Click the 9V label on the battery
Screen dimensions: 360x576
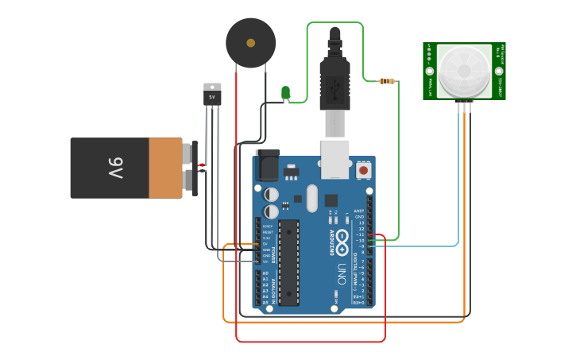point(116,168)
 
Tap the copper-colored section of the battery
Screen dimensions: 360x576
point(166,168)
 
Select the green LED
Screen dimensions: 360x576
point(286,94)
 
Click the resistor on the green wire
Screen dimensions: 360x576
point(387,81)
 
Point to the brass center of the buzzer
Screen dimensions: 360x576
point(251,43)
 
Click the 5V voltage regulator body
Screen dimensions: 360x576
point(212,99)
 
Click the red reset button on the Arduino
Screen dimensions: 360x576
point(364,169)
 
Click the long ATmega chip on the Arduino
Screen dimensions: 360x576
point(288,262)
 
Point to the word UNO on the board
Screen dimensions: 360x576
point(342,273)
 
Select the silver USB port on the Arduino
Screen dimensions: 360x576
point(334,159)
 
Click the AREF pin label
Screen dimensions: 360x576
point(359,211)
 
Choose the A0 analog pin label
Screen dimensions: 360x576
point(265,273)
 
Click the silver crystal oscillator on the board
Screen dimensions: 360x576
point(311,198)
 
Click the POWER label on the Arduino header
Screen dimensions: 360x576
point(273,254)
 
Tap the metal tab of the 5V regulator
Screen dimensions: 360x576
point(212,87)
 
